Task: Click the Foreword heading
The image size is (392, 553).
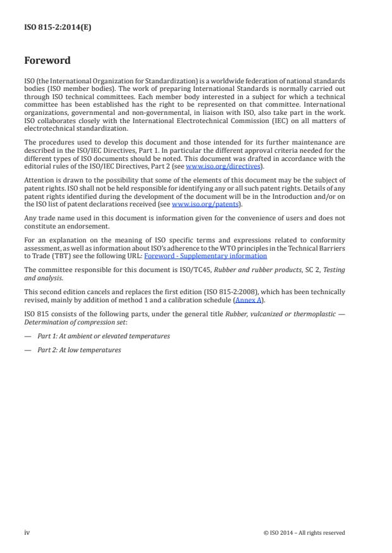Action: point(47,61)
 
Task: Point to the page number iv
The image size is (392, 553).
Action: point(27,532)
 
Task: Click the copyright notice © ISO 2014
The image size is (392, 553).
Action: point(303,533)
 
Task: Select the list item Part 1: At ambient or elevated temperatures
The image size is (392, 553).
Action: point(103,336)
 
